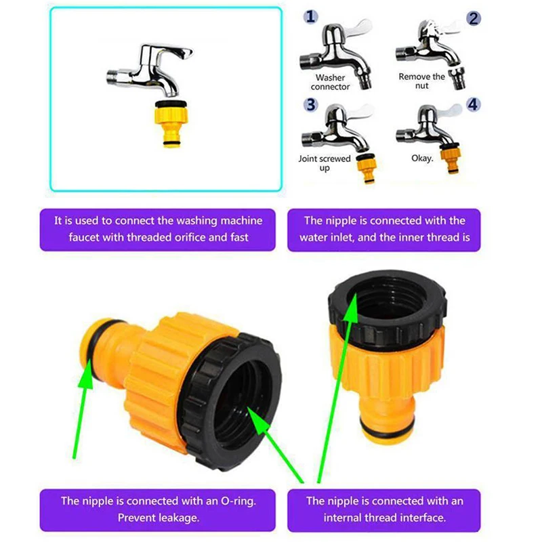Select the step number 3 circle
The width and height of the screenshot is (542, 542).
pos(310,105)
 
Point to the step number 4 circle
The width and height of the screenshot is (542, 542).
pos(472,105)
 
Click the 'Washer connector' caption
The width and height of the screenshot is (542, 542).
pos(331,82)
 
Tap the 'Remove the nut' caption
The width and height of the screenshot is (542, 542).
pos(421,81)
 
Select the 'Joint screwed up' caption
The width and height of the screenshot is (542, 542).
pos(325,163)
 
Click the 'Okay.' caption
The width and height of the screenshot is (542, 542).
pos(422,159)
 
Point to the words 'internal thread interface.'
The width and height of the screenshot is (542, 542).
pos(383,518)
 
